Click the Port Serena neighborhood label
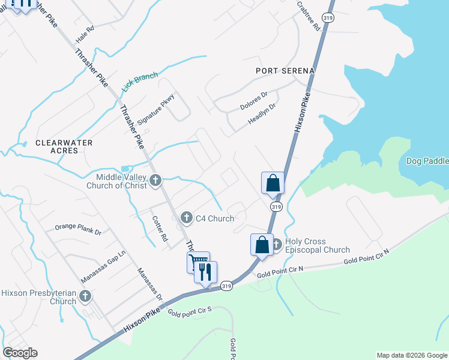(285, 71)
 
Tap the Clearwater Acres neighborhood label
(64, 146)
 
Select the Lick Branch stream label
(140, 82)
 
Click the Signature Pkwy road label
(156, 109)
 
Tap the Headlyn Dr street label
(262, 116)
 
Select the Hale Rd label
(85, 34)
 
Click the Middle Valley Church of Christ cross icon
(155, 180)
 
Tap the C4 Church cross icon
(187, 218)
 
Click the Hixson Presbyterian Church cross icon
(85, 296)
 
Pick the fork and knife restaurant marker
(206, 272)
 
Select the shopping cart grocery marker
(197, 262)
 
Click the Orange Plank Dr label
(78, 229)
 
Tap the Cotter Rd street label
(160, 229)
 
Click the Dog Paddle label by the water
(427, 161)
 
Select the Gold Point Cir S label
(190, 311)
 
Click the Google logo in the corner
(20, 353)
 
